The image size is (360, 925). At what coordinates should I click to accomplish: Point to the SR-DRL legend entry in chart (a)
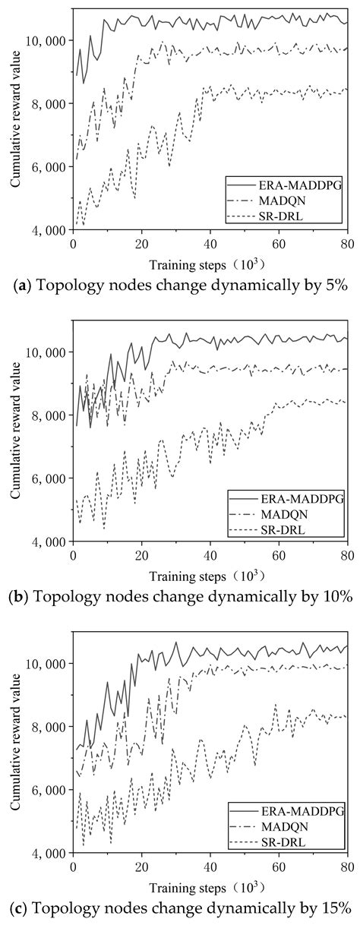pyautogui.click(x=292, y=213)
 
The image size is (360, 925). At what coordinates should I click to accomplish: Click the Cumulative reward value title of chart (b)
pyautogui.click(x=16, y=431)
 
